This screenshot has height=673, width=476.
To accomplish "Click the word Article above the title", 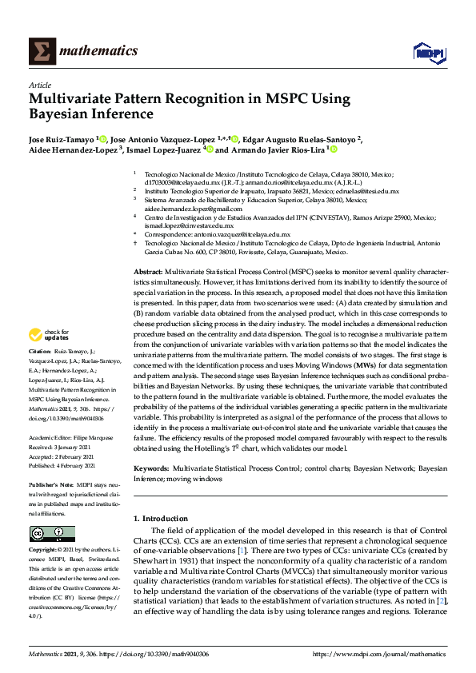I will [x=39, y=86].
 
